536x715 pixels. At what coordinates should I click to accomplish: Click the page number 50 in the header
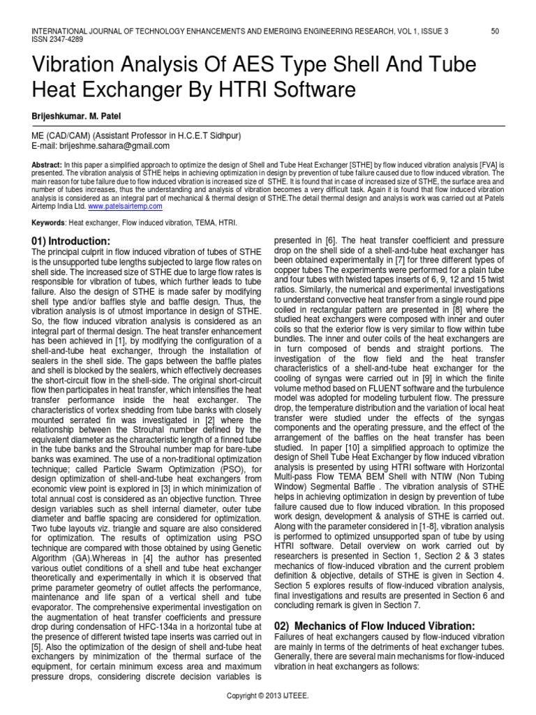495,31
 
